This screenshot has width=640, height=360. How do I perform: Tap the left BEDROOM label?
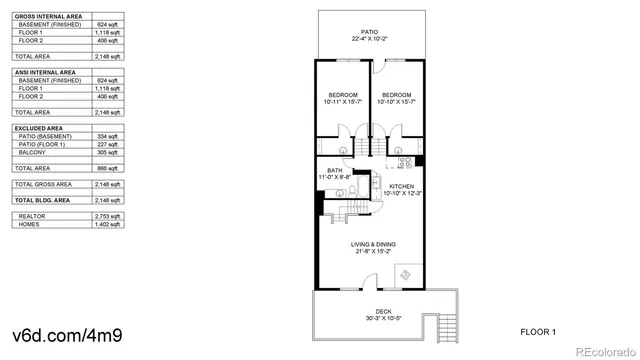343,94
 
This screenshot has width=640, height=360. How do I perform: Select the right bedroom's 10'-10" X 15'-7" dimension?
397,102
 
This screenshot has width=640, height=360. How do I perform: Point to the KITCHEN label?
401,186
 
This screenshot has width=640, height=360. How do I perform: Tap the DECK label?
370,310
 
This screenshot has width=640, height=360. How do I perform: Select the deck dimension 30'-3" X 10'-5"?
370,318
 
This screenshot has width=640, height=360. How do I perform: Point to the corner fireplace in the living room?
404,273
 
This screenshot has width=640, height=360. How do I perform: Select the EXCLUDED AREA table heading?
39,128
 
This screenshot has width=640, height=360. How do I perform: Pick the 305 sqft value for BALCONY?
109,153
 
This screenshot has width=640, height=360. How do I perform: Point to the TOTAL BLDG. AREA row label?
43,201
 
